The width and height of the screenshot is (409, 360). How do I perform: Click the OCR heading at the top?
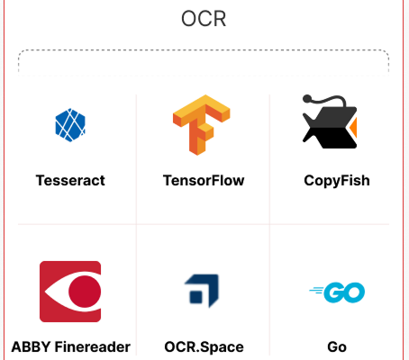coord(204,19)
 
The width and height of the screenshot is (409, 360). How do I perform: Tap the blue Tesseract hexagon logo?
coord(70,125)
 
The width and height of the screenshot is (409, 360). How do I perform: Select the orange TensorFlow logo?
coord(201,125)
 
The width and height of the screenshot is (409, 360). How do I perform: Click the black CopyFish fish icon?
coord(330,122)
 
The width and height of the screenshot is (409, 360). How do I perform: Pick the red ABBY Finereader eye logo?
coord(70,292)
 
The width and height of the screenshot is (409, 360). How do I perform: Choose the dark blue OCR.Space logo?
coord(202,291)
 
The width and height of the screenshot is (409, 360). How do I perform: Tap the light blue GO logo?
coord(337,292)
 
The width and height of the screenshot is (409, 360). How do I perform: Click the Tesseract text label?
coord(70,181)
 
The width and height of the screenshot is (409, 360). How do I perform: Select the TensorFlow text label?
coord(204,181)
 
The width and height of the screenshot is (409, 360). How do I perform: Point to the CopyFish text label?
coord(337,181)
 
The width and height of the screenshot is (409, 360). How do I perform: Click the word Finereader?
coord(93,347)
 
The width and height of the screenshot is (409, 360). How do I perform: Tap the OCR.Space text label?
coord(204,347)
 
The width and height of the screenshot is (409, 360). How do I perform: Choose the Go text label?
coord(337,347)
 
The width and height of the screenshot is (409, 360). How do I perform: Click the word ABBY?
coord(31,347)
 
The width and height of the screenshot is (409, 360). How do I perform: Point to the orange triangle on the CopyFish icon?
coord(354,128)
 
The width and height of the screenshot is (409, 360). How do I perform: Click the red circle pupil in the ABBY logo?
coord(85,292)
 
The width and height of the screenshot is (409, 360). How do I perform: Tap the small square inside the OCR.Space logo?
coord(196,297)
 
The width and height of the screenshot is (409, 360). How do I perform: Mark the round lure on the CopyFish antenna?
coord(307,99)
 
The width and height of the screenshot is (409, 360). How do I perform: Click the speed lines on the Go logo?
coord(317,290)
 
